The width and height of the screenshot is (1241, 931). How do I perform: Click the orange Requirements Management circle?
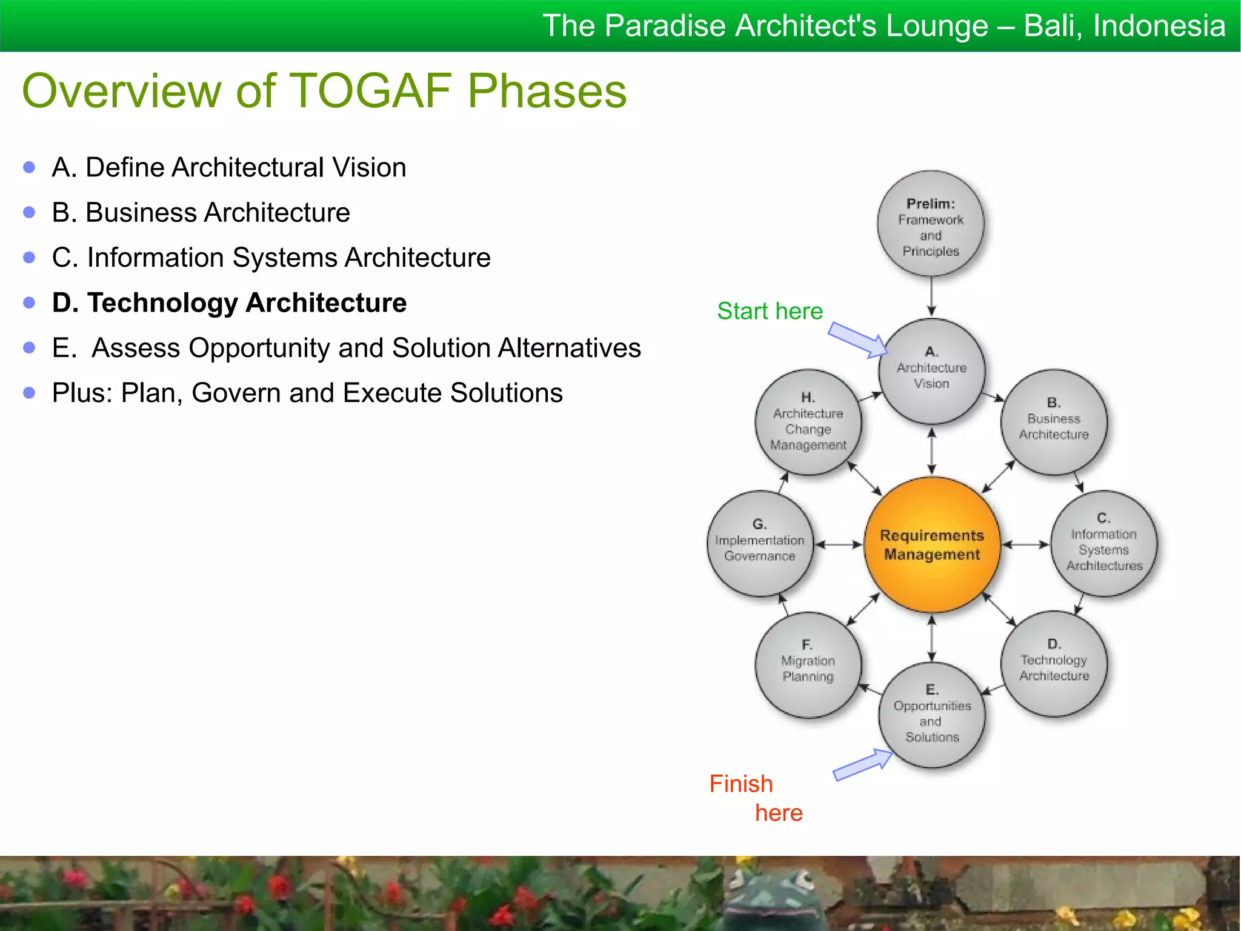coord(931,544)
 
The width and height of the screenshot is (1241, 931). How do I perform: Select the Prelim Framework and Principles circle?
coord(931,224)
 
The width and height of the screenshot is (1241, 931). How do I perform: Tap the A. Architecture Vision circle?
coord(931,371)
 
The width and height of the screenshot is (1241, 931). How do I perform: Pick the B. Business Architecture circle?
coord(1054,422)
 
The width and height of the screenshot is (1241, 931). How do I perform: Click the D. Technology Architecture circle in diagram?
coord(1054,664)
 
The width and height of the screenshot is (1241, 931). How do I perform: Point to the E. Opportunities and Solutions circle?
coord(931,715)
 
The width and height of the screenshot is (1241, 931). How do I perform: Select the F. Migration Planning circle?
coord(808,664)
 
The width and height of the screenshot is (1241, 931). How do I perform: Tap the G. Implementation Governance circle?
coord(759,543)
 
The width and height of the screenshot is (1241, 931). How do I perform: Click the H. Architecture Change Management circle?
coord(808,422)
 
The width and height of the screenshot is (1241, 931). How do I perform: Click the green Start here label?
coord(770,311)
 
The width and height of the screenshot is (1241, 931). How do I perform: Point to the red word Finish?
coord(740,784)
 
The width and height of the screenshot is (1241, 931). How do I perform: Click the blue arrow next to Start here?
coord(856,340)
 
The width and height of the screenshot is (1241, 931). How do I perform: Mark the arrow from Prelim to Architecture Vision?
coord(931,297)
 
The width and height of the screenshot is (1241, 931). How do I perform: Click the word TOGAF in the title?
coord(370,91)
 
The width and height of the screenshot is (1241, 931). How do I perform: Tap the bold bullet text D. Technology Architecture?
coord(229,302)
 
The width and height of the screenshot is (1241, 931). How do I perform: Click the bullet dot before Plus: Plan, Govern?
coord(29,393)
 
